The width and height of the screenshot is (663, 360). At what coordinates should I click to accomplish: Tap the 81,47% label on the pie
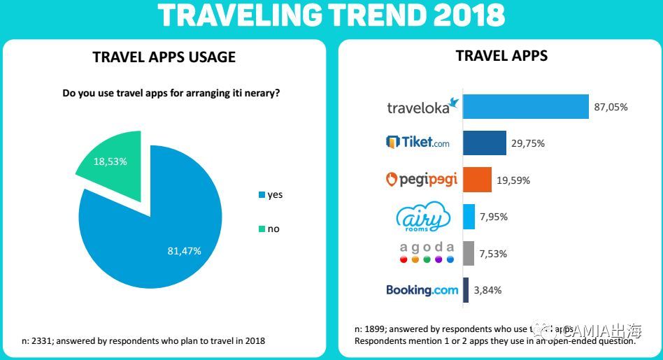click(184, 250)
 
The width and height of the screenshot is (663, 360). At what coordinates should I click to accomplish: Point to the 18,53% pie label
click(110, 161)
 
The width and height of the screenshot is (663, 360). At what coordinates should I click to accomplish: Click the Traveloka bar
click(525, 107)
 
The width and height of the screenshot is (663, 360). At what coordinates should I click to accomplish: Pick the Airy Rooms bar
click(469, 217)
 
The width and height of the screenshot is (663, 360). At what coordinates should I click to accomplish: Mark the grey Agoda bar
click(468, 253)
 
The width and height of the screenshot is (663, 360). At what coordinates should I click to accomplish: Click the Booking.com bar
click(465, 290)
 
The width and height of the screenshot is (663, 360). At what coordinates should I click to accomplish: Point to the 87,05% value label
click(611, 107)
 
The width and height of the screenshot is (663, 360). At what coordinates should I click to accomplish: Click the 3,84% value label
click(487, 290)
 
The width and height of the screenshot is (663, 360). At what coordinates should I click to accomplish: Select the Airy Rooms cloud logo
click(422, 217)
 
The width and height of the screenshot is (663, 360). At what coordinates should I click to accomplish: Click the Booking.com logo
click(422, 289)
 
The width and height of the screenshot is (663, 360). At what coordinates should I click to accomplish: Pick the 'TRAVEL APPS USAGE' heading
click(164, 57)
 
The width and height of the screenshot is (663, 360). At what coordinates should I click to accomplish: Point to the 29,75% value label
click(528, 143)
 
